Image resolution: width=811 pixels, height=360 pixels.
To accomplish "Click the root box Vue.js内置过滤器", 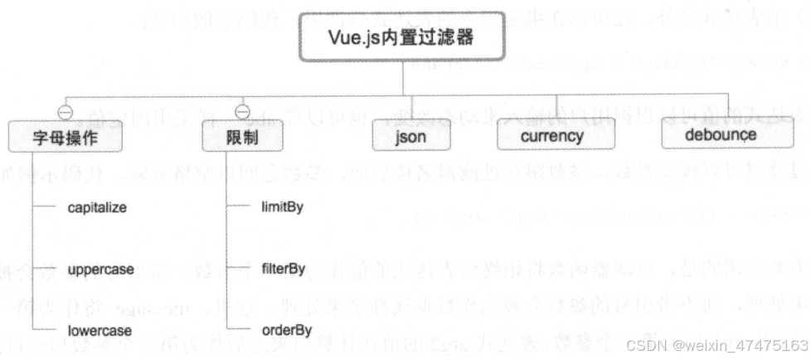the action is (x=404, y=40).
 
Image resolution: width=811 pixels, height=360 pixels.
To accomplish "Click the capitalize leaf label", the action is (x=97, y=207).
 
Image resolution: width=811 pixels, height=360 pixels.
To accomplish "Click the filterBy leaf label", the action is (x=284, y=270).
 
